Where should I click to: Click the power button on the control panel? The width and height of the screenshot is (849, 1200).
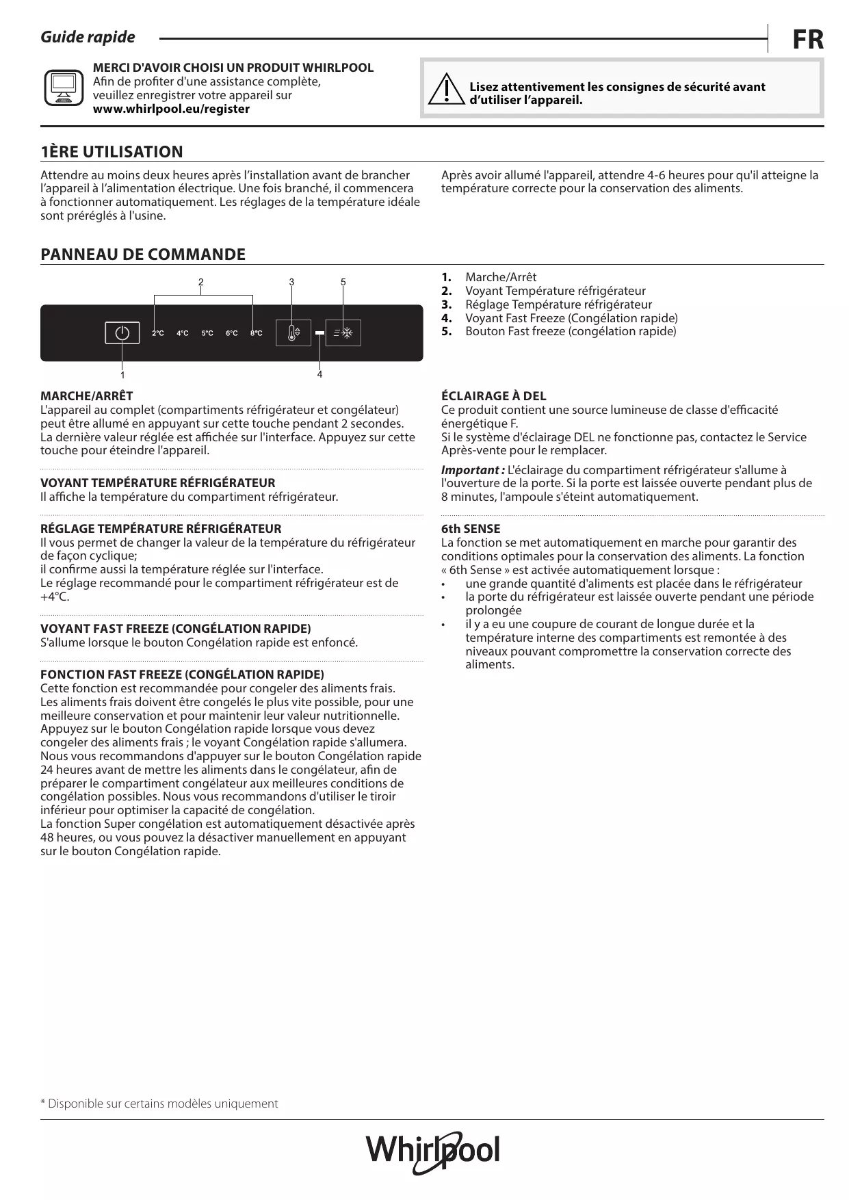pyautogui.click(x=122, y=333)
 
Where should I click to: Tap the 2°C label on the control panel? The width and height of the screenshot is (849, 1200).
pyautogui.click(x=157, y=333)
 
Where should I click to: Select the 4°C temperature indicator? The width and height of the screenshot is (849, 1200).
pyautogui.click(x=183, y=333)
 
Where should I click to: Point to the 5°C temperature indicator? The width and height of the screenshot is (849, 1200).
pyautogui.click(x=207, y=333)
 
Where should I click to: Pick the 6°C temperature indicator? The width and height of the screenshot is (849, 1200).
pyautogui.click(x=232, y=333)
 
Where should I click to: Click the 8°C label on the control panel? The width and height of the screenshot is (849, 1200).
pyautogui.click(x=257, y=333)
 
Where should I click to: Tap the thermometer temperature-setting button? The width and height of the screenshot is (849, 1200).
pyautogui.click(x=293, y=333)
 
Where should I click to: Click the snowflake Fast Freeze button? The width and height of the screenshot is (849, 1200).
pyautogui.click(x=343, y=333)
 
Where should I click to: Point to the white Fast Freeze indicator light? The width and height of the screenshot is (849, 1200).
pyautogui.click(x=319, y=333)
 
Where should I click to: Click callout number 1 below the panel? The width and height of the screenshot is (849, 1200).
pyautogui.click(x=122, y=375)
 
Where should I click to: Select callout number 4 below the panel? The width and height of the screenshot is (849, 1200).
pyautogui.click(x=319, y=375)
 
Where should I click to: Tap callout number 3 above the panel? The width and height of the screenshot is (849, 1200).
pyautogui.click(x=291, y=282)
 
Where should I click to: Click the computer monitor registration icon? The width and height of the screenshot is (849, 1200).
pyautogui.click(x=64, y=88)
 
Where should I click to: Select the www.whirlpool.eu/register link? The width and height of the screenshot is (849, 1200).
pyautogui.click(x=171, y=109)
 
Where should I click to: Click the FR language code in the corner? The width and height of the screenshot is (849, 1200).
pyautogui.click(x=808, y=40)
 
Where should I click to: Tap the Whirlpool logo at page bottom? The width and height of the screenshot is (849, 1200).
pyautogui.click(x=432, y=1151)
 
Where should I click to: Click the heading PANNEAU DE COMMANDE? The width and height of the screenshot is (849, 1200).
pyautogui.click(x=143, y=255)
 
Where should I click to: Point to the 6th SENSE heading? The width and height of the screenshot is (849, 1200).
pyautogui.click(x=471, y=529)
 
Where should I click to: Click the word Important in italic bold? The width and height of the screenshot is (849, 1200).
pyautogui.click(x=471, y=470)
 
